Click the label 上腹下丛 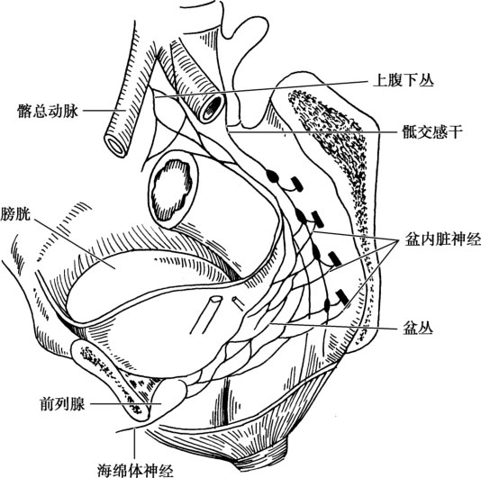pyautogui.click(x=403, y=81)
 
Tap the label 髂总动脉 pyautogui.click(x=48, y=111)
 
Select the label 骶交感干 pyautogui.click(x=432, y=132)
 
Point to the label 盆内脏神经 pyautogui.click(x=443, y=240)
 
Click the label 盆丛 pyautogui.click(x=417, y=329)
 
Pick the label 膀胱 pyautogui.click(x=15, y=213)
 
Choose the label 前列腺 pyautogui.click(x=62, y=404)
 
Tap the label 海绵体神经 pyautogui.click(x=135, y=470)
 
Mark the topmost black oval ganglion pyautogui.click(x=272, y=176)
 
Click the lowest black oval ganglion pyautogui.click(x=327, y=304)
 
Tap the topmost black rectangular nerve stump pyautogui.click(x=297, y=184)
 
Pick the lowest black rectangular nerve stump pyautogui.click(x=341, y=296)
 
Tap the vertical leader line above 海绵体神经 pyautogui.click(x=135, y=444)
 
